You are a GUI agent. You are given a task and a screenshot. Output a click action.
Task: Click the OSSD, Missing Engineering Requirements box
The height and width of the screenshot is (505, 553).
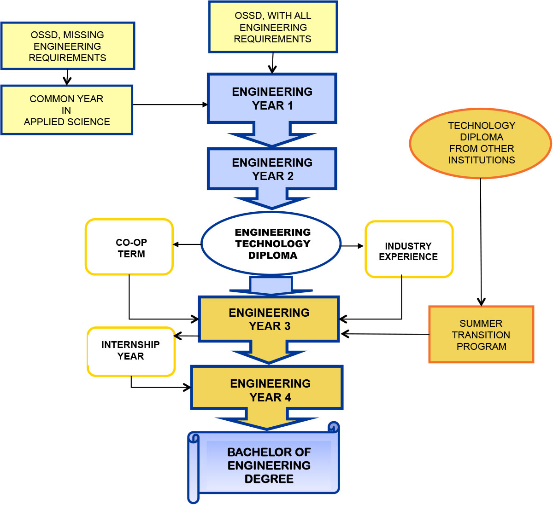coord(68,46)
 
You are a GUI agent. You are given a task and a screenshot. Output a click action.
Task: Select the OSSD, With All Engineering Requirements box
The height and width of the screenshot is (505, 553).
coord(273,27)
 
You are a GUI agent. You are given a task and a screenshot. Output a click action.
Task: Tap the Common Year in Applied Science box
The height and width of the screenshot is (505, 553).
coord(67,110)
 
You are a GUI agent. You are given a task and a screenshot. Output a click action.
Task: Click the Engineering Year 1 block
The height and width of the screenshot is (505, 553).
coord(272,99)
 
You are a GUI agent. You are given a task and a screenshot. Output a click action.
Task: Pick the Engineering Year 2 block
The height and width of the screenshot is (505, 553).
coord(272,169)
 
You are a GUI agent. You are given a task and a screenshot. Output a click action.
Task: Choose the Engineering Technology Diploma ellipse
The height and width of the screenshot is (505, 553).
coord(271,244)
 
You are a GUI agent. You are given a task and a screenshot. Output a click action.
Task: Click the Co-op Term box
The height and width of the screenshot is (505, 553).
coord(129,247)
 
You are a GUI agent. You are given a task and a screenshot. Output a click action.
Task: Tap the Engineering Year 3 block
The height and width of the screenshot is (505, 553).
coord(269,319)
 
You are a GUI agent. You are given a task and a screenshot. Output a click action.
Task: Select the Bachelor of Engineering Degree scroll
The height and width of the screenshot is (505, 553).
coord(269,465)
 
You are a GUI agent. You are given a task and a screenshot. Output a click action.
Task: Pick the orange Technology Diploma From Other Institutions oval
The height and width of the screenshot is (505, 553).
coord(481,143)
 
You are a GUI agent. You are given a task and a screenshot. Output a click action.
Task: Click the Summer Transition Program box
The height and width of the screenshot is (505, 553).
coord(481,335)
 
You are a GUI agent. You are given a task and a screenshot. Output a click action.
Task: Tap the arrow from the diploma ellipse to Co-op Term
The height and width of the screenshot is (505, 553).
coord(187,244)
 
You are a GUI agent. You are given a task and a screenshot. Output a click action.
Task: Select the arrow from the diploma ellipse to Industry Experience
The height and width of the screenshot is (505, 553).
coord(353,246)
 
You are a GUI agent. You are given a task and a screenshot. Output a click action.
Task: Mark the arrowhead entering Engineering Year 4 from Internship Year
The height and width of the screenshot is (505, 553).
coord(188,388)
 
